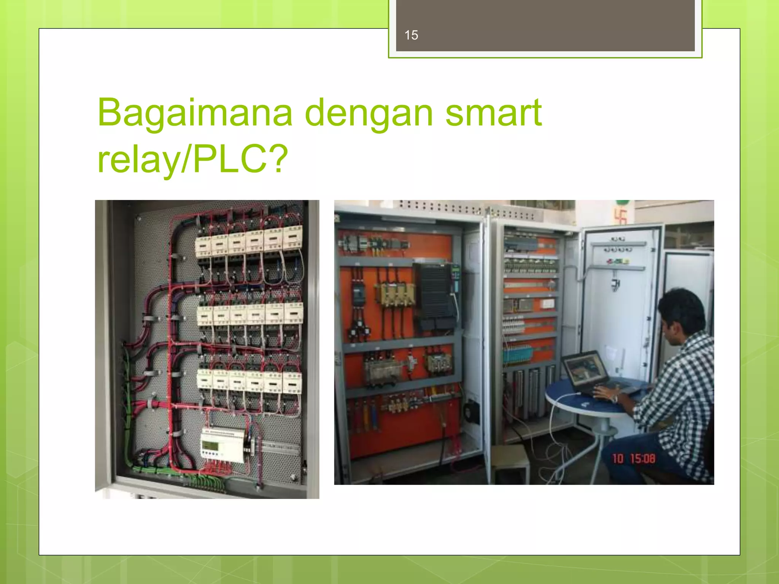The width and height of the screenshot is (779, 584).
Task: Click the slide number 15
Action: tap(411, 35)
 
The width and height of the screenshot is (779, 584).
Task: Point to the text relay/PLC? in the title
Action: tap(192, 159)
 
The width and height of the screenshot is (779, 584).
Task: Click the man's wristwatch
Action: tap(614, 398)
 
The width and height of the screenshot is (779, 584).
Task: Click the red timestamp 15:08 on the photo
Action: tap(642, 459)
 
